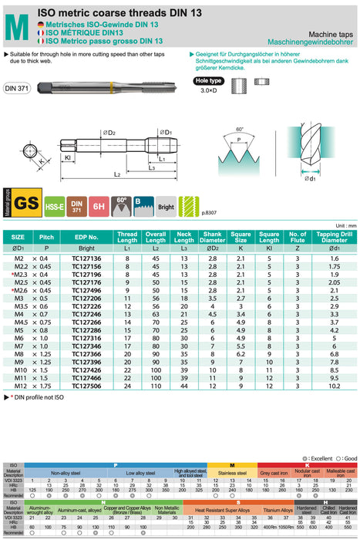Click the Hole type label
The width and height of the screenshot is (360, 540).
209,80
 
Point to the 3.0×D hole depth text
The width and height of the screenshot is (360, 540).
209,92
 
